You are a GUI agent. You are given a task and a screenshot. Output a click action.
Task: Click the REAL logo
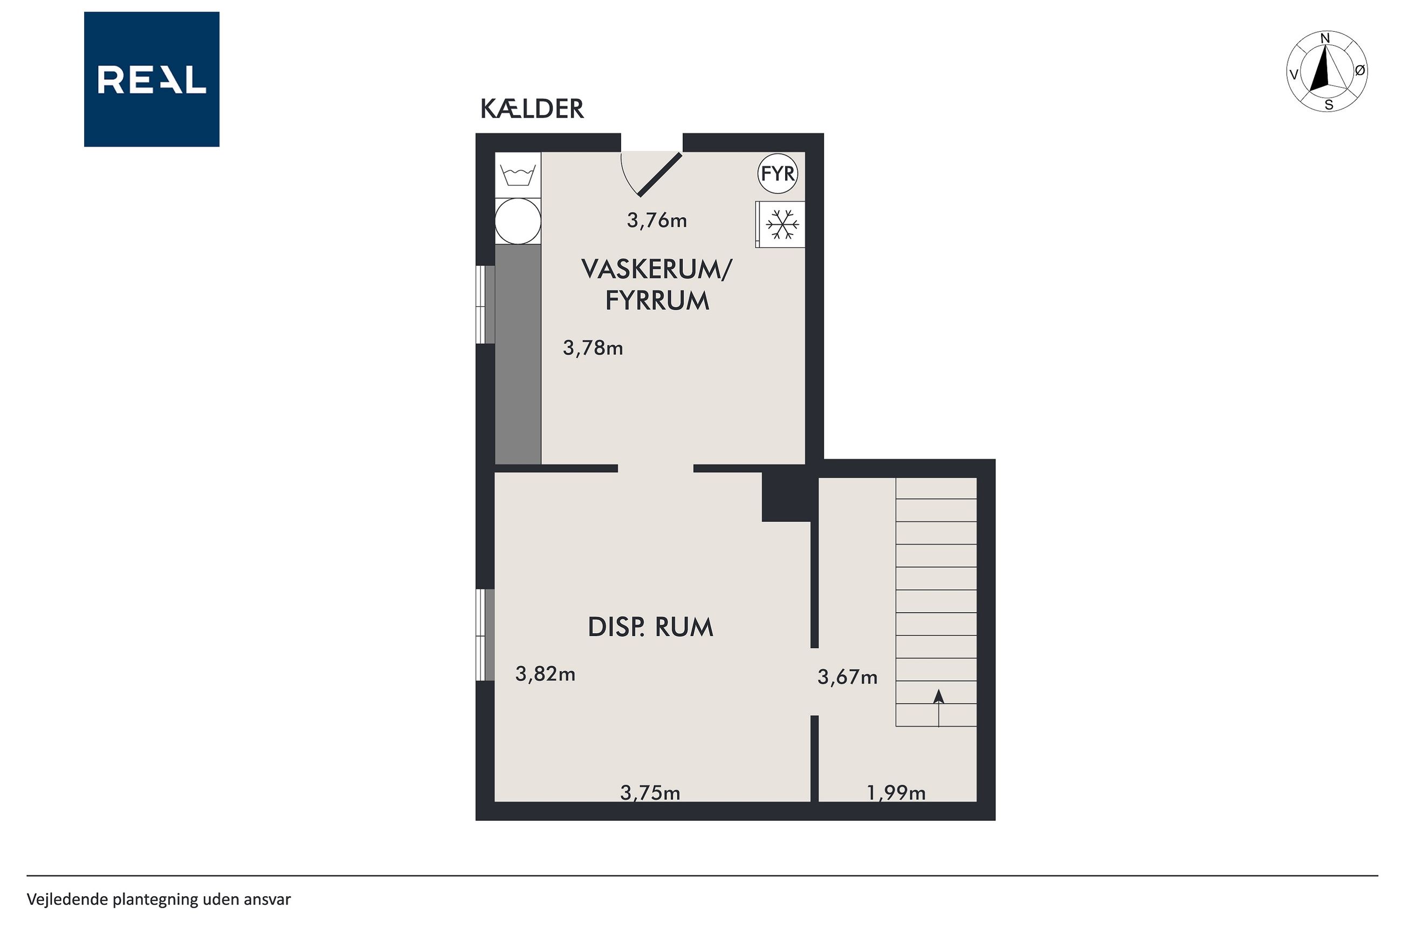tap(152, 79)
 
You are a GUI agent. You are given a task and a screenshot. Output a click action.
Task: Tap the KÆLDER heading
tap(532, 109)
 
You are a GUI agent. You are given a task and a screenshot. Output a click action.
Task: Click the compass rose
tap(1327, 71)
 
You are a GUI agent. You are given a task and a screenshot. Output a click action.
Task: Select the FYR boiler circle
tap(778, 174)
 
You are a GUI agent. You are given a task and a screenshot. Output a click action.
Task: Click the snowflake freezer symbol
tap(782, 225)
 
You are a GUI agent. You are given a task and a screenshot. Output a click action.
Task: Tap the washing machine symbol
tap(518, 175)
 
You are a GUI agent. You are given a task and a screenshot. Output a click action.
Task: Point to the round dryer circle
tap(518, 221)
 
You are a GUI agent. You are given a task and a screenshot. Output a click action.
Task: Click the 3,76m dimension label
tap(657, 221)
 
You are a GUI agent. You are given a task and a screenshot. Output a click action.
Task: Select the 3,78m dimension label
tap(593, 348)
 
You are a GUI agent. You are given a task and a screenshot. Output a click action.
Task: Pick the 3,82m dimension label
tap(545, 674)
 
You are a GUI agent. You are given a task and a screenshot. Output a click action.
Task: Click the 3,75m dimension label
tap(650, 792)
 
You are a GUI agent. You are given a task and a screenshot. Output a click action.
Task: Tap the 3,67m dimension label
tap(847, 677)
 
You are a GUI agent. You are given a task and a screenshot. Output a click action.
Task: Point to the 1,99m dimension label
tap(896, 792)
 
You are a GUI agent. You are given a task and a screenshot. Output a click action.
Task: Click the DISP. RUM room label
tap(651, 627)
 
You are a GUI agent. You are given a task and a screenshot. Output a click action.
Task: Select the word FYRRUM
tap(657, 301)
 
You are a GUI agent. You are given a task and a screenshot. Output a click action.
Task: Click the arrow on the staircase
tap(938, 708)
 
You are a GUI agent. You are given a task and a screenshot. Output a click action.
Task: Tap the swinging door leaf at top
tap(660, 175)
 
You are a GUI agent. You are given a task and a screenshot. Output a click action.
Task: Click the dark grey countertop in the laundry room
tap(518, 355)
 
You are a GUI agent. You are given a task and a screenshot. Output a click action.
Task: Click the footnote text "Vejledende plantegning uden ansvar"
tap(159, 900)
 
